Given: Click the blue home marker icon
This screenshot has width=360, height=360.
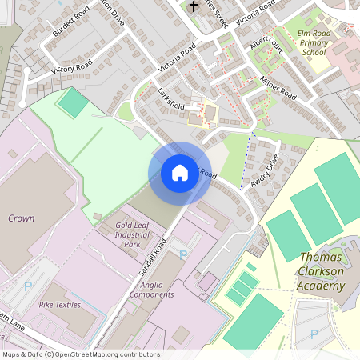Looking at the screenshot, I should [180, 172].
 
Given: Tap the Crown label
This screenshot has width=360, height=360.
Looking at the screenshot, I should [21, 218].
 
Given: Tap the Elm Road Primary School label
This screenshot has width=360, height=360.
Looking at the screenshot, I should [313, 42].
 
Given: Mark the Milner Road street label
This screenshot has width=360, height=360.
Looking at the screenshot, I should [278, 87].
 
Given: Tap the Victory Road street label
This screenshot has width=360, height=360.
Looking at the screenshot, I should [72, 66].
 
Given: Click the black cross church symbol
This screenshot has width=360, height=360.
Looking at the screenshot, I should [193, 7].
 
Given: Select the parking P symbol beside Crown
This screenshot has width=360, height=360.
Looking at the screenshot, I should [30, 285].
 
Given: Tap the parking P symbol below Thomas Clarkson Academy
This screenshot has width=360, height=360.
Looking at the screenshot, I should [314, 334].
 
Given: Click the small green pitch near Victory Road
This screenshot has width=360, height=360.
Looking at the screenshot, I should [71, 103].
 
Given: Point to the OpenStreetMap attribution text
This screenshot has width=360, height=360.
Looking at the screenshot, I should [80, 354].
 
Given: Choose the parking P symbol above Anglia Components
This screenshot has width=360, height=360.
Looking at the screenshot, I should [183, 254].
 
